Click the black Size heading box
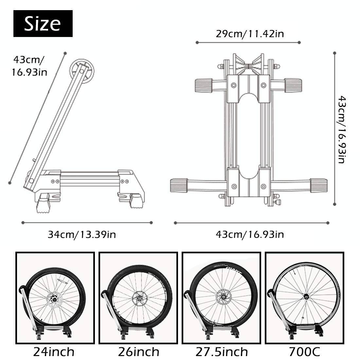point(43,24)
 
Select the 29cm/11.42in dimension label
point(249,34)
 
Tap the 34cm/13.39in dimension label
point(82,234)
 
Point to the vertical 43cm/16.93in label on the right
point(341,130)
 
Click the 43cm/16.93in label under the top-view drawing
point(249,234)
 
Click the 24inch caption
point(54,352)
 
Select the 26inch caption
point(139,352)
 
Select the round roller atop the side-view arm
point(81,68)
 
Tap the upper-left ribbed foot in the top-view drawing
point(204,86)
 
